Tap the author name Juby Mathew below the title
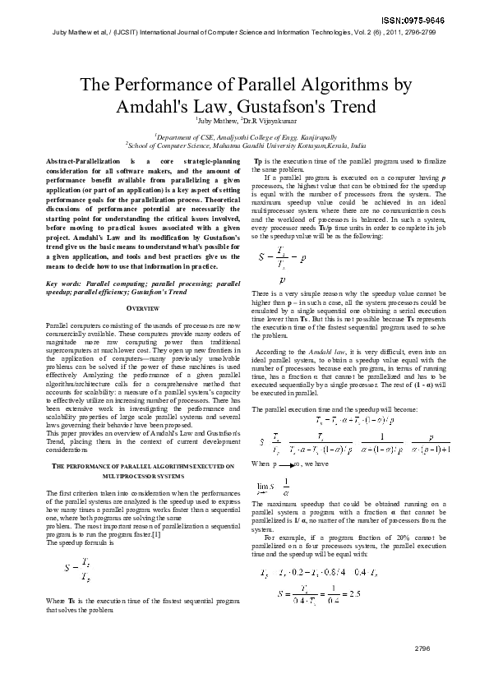[x=212, y=121]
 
